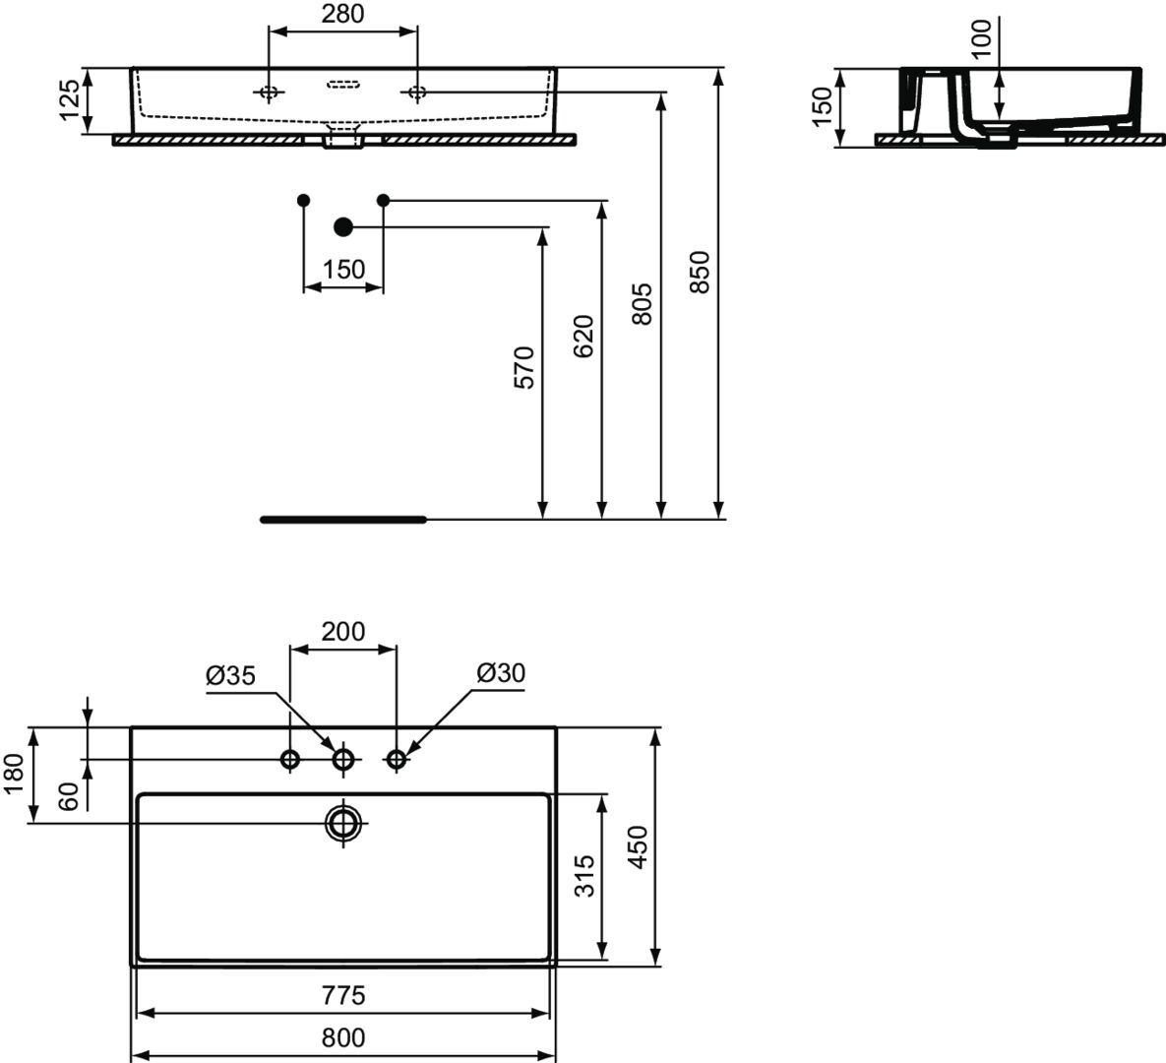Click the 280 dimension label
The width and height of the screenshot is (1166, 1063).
(342, 14)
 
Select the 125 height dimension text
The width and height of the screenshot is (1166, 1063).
(69, 99)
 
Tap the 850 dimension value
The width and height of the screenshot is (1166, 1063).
(700, 273)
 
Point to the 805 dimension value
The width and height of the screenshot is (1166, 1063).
(641, 303)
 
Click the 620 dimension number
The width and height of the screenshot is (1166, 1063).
(583, 337)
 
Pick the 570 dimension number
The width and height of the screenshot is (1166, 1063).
(524, 367)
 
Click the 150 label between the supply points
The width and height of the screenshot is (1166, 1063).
(343, 269)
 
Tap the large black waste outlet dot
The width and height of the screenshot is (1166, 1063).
(342, 227)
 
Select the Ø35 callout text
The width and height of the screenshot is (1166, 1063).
(230, 675)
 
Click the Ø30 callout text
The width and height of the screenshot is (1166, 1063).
(501, 672)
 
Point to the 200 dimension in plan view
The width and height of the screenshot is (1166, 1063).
(342, 632)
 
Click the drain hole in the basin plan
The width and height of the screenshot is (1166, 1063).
(342, 823)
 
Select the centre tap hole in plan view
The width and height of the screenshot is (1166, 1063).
(342, 760)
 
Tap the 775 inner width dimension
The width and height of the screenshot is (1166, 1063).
(342, 994)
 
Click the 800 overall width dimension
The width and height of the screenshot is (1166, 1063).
(342, 1037)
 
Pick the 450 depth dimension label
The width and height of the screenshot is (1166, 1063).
(638, 846)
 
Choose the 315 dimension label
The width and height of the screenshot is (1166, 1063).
(584, 876)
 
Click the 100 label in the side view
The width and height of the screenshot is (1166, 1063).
(982, 38)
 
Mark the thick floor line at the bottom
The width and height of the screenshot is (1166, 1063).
(343, 520)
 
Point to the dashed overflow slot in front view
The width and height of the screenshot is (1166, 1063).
(342, 84)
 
